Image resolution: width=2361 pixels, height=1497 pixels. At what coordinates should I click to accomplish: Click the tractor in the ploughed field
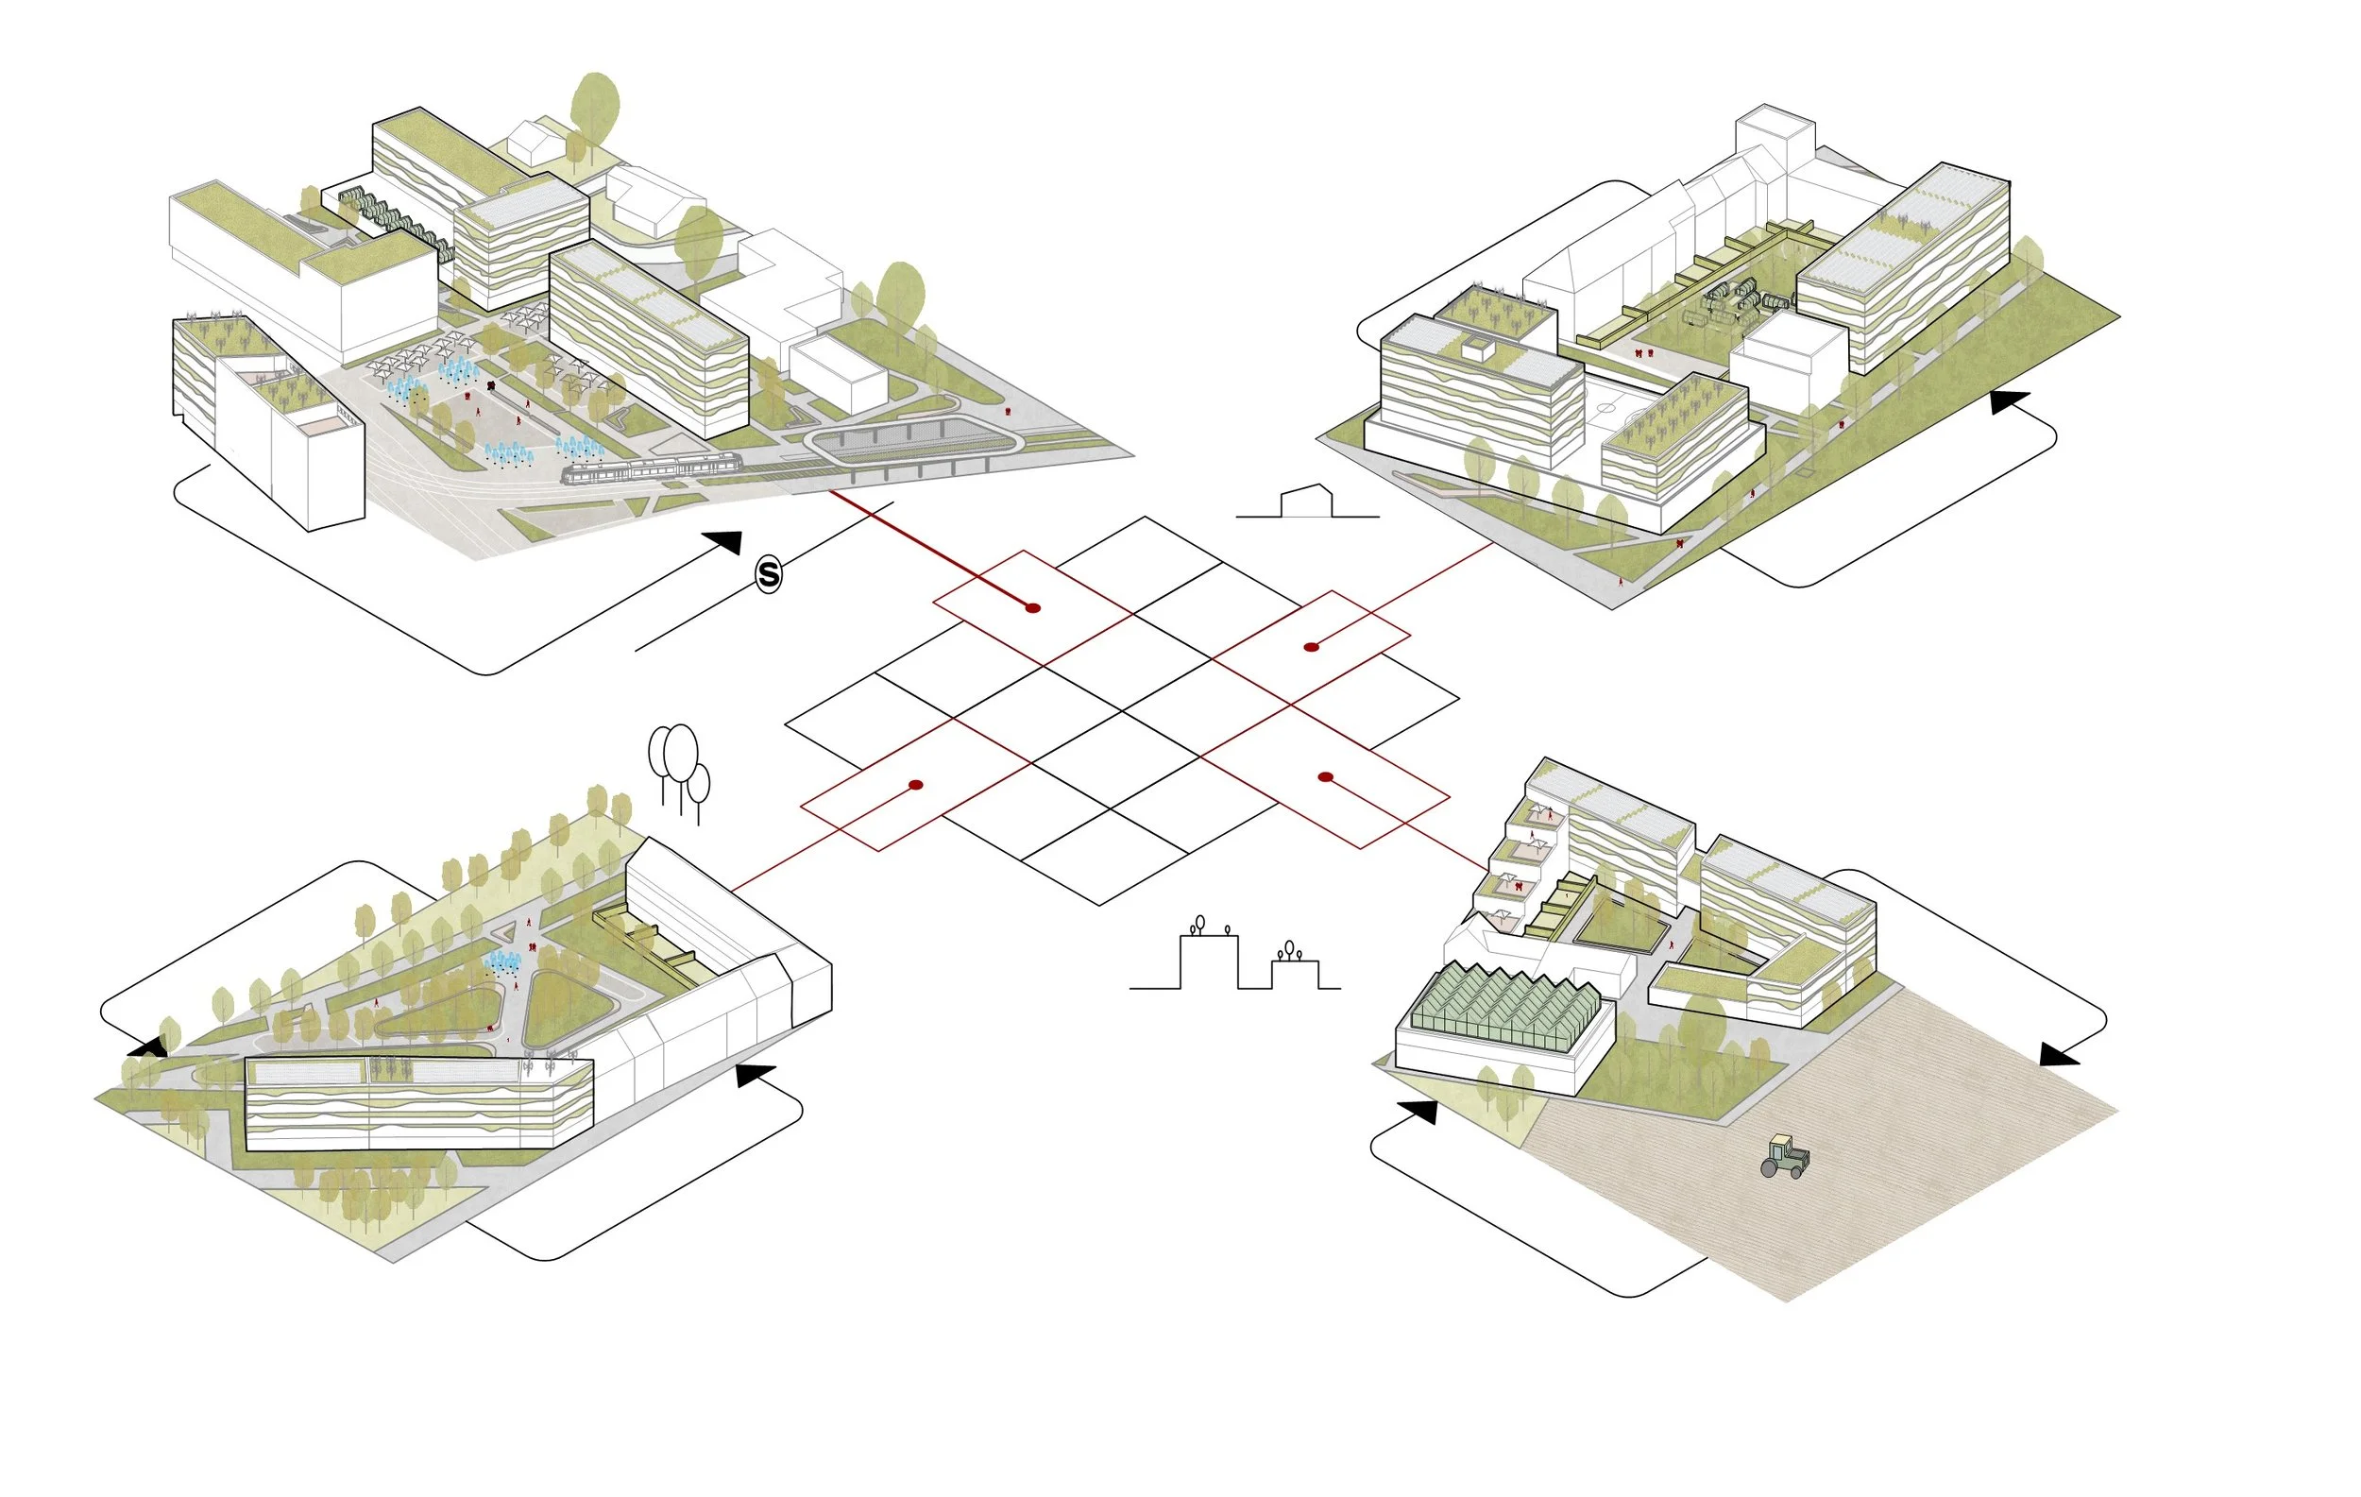(1785, 1157)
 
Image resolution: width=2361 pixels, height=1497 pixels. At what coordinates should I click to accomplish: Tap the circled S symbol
(769, 574)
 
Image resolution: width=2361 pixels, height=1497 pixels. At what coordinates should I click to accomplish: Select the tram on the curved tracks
(652, 469)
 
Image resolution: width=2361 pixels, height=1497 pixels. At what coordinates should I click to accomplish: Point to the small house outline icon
(1307, 501)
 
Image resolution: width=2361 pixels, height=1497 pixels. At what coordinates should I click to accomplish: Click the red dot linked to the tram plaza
(1032, 608)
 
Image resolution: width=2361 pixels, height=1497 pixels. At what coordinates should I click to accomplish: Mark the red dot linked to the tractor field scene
(1326, 777)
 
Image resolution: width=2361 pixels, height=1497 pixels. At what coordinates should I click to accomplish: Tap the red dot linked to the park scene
(916, 785)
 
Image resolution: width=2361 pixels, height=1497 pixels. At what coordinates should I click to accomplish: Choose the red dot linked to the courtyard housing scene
(1311, 647)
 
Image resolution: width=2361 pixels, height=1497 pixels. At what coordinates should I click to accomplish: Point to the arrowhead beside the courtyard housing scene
(2010, 402)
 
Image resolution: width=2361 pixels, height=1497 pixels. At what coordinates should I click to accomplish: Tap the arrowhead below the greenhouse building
(1418, 1112)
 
